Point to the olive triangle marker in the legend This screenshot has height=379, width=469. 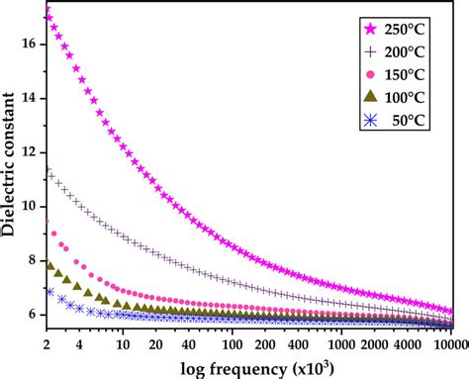[372, 96]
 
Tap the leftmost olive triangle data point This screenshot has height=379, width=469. [50, 263]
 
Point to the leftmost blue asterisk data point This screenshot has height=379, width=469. [49, 291]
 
